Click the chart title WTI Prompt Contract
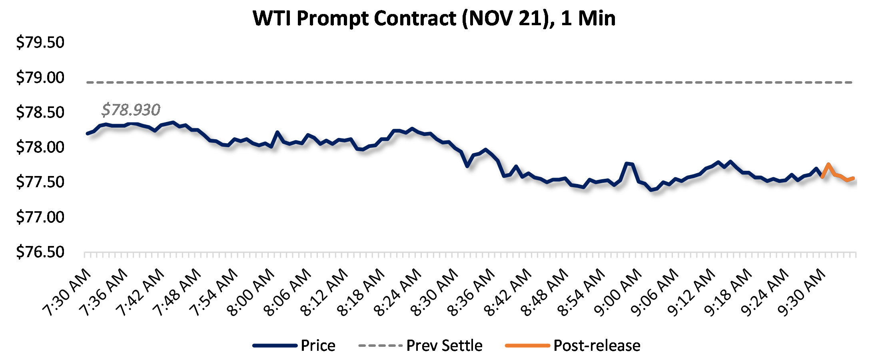[434, 18]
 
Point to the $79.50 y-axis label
[40, 42]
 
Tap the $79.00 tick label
[40, 78]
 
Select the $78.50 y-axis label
[40, 112]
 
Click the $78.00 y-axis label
[40, 147]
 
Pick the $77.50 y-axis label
[40, 182]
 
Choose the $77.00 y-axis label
[40, 217]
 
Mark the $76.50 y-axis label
[40, 252]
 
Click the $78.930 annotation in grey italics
[131, 110]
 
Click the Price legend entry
[318, 346]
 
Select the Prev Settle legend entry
[444, 346]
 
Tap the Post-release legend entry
[597, 346]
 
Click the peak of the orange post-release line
[828, 164]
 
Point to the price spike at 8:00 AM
[277, 132]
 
